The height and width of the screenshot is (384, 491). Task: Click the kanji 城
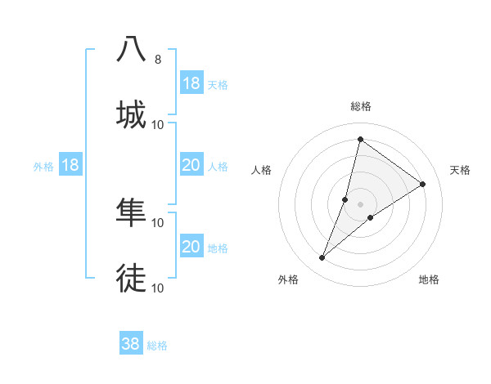point(132,114)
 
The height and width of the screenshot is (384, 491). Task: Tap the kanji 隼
point(132,212)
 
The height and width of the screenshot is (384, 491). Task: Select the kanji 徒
point(132,278)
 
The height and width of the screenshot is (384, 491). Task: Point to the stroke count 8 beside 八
point(157,60)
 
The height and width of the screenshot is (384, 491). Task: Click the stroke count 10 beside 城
point(158,125)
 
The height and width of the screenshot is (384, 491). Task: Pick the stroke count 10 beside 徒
point(158,288)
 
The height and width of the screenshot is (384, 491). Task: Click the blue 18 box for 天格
point(191,83)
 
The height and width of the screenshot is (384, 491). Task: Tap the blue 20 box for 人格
point(191,166)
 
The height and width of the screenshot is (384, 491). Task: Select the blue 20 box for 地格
point(191,247)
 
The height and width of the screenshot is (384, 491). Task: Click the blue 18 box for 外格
point(70,166)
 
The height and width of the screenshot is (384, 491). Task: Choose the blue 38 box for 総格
point(130,344)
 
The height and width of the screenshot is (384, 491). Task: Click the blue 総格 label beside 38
point(157,346)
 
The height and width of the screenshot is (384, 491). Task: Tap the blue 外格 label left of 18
point(43,167)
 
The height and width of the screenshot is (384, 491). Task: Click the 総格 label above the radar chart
point(361,106)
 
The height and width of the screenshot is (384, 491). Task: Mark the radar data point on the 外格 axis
point(322,258)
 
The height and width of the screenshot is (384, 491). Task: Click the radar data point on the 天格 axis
point(423,184)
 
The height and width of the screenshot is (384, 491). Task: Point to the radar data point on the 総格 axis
point(360,139)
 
